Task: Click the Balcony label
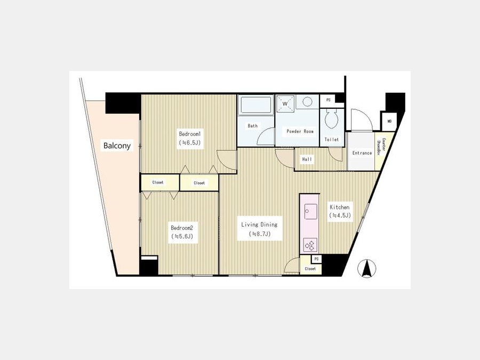pyautogui.click(x=117, y=146)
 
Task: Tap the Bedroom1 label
pyautogui.click(x=190, y=134)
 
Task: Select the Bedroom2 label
pyautogui.click(x=182, y=228)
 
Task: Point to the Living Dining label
pyautogui.click(x=259, y=225)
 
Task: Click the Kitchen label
pyautogui.click(x=340, y=207)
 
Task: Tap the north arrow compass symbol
pyautogui.click(x=367, y=268)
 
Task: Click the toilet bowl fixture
pyautogui.click(x=331, y=119)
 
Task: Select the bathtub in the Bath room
pyautogui.click(x=256, y=105)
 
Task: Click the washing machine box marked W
pyautogui.click(x=285, y=103)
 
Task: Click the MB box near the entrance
pyautogui.click(x=389, y=121)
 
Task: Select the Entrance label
pyautogui.click(x=362, y=153)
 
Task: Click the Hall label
pyautogui.click(x=307, y=159)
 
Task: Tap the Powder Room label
pyautogui.click(x=300, y=131)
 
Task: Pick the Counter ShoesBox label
pyautogui.click(x=381, y=147)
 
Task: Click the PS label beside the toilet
pyautogui.click(x=329, y=100)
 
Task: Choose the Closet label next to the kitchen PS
pyautogui.click(x=310, y=269)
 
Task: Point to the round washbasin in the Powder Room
pyautogui.click(x=307, y=102)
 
